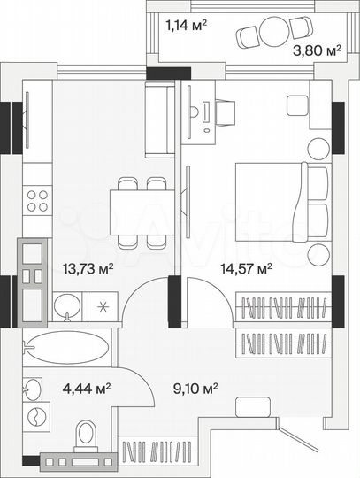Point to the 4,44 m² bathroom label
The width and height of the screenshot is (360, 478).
pyautogui.click(x=84, y=387)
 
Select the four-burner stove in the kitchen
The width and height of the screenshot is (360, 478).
pyautogui.click(x=37, y=201)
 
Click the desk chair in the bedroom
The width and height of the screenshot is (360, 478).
pyautogui.click(x=224, y=112)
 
